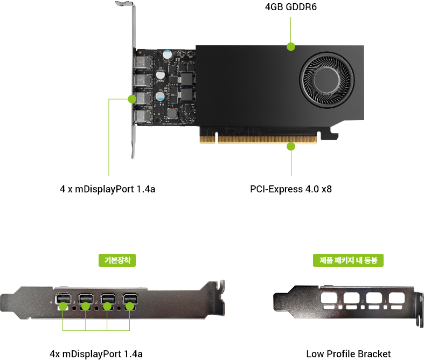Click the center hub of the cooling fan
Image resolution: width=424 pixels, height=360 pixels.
327,75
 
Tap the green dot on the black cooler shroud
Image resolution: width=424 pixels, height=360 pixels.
291,46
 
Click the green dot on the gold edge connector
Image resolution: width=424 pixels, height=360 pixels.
291,146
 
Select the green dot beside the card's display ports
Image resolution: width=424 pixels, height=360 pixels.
131,99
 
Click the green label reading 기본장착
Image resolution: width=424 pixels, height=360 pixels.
117,260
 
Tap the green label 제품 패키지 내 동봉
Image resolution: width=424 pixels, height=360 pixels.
348,260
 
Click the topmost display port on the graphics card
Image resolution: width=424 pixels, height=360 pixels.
142,63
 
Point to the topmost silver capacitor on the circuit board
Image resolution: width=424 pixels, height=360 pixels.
169,54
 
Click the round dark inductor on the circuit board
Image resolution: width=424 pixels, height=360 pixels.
173,113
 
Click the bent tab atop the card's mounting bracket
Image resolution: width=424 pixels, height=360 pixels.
124,5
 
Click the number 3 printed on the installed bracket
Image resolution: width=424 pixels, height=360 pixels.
73,302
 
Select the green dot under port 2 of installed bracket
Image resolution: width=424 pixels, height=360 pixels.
107,306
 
